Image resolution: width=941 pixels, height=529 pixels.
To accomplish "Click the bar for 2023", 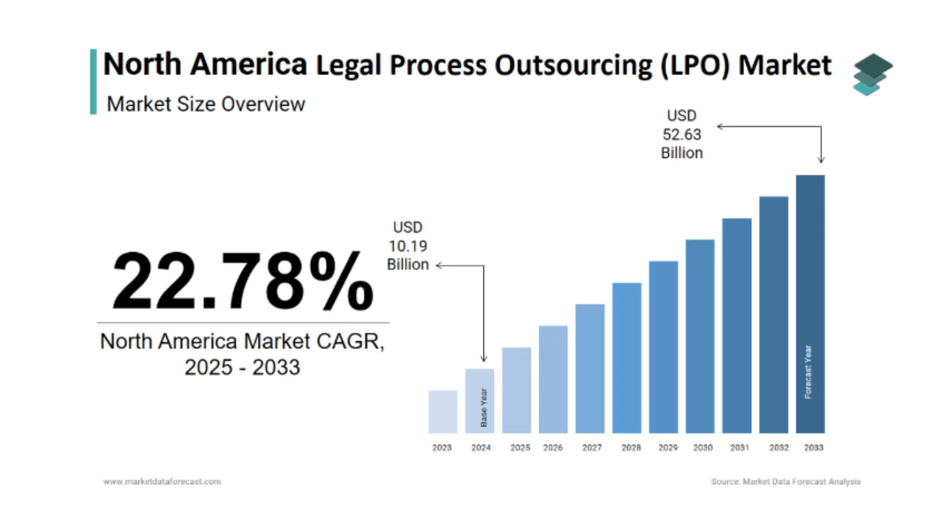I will [x=443, y=411].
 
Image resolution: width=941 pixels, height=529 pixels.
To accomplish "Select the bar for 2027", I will [x=590, y=368].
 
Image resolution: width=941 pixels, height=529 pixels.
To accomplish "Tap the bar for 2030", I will [x=700, y=336].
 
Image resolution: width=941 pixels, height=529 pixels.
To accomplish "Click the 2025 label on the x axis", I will [x=520, y=447].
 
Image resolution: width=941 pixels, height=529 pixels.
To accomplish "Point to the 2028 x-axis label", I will [x=631, y=447].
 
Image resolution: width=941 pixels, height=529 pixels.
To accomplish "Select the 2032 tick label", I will [x=779, y=447].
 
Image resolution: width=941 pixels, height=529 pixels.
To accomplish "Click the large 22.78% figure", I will [x=243, y=281].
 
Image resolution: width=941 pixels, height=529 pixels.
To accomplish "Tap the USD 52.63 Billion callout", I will [x=681, y=134].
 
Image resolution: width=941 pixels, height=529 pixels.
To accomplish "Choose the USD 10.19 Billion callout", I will [x=408, y=246].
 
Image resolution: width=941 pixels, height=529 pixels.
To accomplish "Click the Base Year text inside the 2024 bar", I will [x=484, y=408].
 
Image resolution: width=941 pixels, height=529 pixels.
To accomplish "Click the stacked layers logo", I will [x=873, y=74].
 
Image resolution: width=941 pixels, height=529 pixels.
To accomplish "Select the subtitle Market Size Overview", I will [x=206, y=104].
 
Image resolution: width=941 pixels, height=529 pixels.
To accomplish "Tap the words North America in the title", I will [x=205, y=65].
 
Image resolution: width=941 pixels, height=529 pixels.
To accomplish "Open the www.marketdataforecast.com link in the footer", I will [x=162, y=482].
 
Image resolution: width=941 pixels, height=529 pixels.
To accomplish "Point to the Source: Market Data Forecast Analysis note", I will [x=785, y=482].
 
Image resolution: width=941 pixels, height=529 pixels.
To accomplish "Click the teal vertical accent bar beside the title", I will [x=93, y=82].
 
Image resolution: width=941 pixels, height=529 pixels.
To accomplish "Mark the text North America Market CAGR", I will [x=242, y=341].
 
